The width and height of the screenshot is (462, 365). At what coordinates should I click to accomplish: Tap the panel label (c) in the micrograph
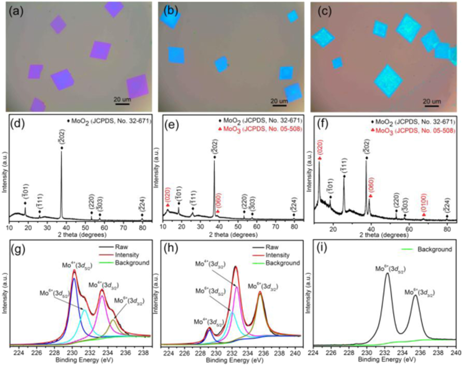pos(325,12)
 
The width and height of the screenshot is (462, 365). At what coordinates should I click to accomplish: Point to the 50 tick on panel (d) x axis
pos(86,228)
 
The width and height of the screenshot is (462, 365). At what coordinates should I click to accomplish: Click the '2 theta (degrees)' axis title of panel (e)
pos(233,235)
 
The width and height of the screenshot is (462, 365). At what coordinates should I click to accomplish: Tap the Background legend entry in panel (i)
pos(434,249)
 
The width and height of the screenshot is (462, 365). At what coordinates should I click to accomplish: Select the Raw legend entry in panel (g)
pos(121,247)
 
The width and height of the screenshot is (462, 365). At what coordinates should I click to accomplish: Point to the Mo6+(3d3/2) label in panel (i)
pos(419,292)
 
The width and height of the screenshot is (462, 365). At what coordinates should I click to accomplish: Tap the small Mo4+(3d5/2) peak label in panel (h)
pos(209,322)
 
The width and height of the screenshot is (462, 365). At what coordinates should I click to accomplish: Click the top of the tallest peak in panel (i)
pos(387,273)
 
